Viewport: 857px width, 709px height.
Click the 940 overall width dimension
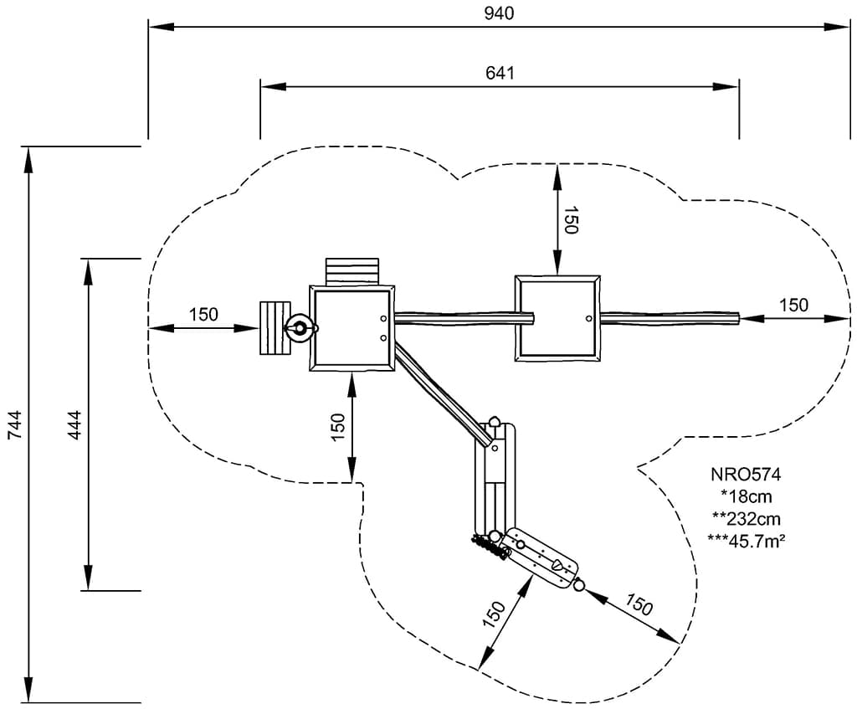tap(499, 13)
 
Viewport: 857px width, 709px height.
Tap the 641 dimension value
tap(500, 72)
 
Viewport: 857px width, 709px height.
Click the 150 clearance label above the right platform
tap(572, 220)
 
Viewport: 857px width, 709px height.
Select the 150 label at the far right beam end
tap(793, 306)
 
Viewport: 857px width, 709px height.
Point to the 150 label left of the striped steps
tap(203, 315)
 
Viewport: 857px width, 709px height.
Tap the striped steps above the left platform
tap(352, 271)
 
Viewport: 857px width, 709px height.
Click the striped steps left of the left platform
tap(274, 328)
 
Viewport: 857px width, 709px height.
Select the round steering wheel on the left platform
tap(298, 328)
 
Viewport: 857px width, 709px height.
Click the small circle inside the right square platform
tap(588, 318)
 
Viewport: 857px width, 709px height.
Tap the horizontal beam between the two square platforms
tap(464, 316)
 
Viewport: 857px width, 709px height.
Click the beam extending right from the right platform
tap(670, 317)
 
